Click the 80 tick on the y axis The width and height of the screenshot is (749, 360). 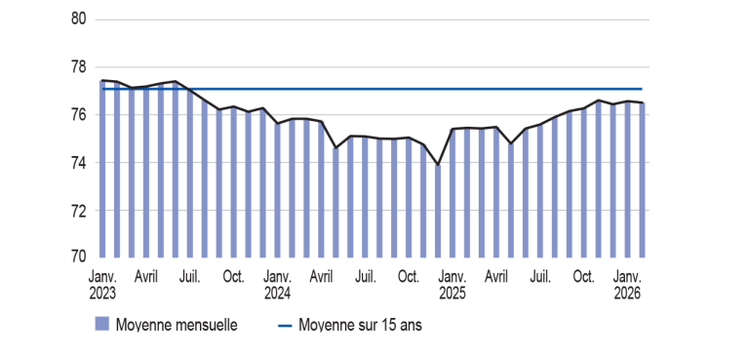coord(80,20)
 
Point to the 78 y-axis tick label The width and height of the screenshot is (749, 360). coord(80,67)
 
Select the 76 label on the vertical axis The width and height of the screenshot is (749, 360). coord(80,115)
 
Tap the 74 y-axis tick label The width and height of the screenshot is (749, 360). coord(80,163)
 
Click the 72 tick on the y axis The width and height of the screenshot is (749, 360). coord(80,211)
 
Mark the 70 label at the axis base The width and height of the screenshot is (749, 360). coord(80,258)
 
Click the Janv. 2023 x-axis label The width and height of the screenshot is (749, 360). coord(102,284)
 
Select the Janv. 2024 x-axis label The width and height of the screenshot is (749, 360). coord(277,284)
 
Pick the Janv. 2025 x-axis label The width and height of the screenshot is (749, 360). coord(453,284)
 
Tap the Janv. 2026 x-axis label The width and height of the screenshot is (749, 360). coord(626,284)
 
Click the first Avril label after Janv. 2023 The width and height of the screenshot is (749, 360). coord(146,277)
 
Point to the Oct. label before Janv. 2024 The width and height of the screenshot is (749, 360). coord(233,277)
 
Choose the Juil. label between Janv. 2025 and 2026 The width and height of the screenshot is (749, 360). coord(539,277)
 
